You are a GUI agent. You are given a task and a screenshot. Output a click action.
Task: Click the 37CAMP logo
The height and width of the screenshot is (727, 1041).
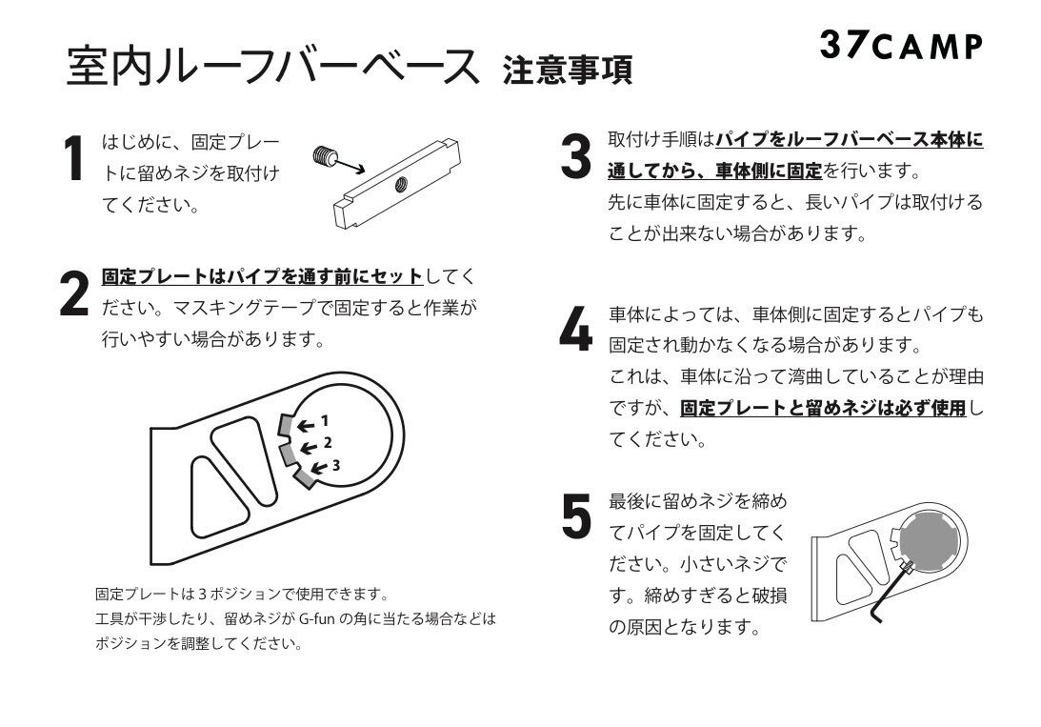(901, 45)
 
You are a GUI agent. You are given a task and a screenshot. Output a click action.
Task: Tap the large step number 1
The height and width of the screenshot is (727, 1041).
(74, 158)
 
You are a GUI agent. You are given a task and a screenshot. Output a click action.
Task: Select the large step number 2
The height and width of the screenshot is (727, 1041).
(73, 293)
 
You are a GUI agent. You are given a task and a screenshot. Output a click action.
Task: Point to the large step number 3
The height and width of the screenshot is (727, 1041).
(575, 156)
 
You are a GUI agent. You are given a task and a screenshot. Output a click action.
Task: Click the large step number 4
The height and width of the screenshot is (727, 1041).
(575, 329)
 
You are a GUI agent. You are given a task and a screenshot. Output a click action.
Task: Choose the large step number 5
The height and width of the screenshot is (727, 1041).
(576, 515)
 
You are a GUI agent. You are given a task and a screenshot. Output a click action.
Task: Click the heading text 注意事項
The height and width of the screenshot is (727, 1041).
(567, 70)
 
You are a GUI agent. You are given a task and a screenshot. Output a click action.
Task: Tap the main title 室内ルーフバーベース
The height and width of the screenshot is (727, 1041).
(272, 66)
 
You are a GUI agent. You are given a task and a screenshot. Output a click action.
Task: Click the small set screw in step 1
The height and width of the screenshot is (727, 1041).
(323, 156)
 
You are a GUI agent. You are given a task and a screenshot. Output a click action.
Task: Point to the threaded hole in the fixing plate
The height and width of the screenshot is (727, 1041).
(401, 182)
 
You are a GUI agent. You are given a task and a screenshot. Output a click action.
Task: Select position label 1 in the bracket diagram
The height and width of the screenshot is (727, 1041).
(324, 421)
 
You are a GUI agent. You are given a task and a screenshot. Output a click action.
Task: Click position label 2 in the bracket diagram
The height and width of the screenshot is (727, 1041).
(328, 443)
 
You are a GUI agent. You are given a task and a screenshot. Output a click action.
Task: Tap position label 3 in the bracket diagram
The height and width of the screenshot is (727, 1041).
(336, 465)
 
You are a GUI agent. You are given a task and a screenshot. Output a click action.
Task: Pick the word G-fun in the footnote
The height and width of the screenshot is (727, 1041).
(317, 618)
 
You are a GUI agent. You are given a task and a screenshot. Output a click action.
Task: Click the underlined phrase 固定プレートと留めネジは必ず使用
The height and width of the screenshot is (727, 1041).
(823, 408)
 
